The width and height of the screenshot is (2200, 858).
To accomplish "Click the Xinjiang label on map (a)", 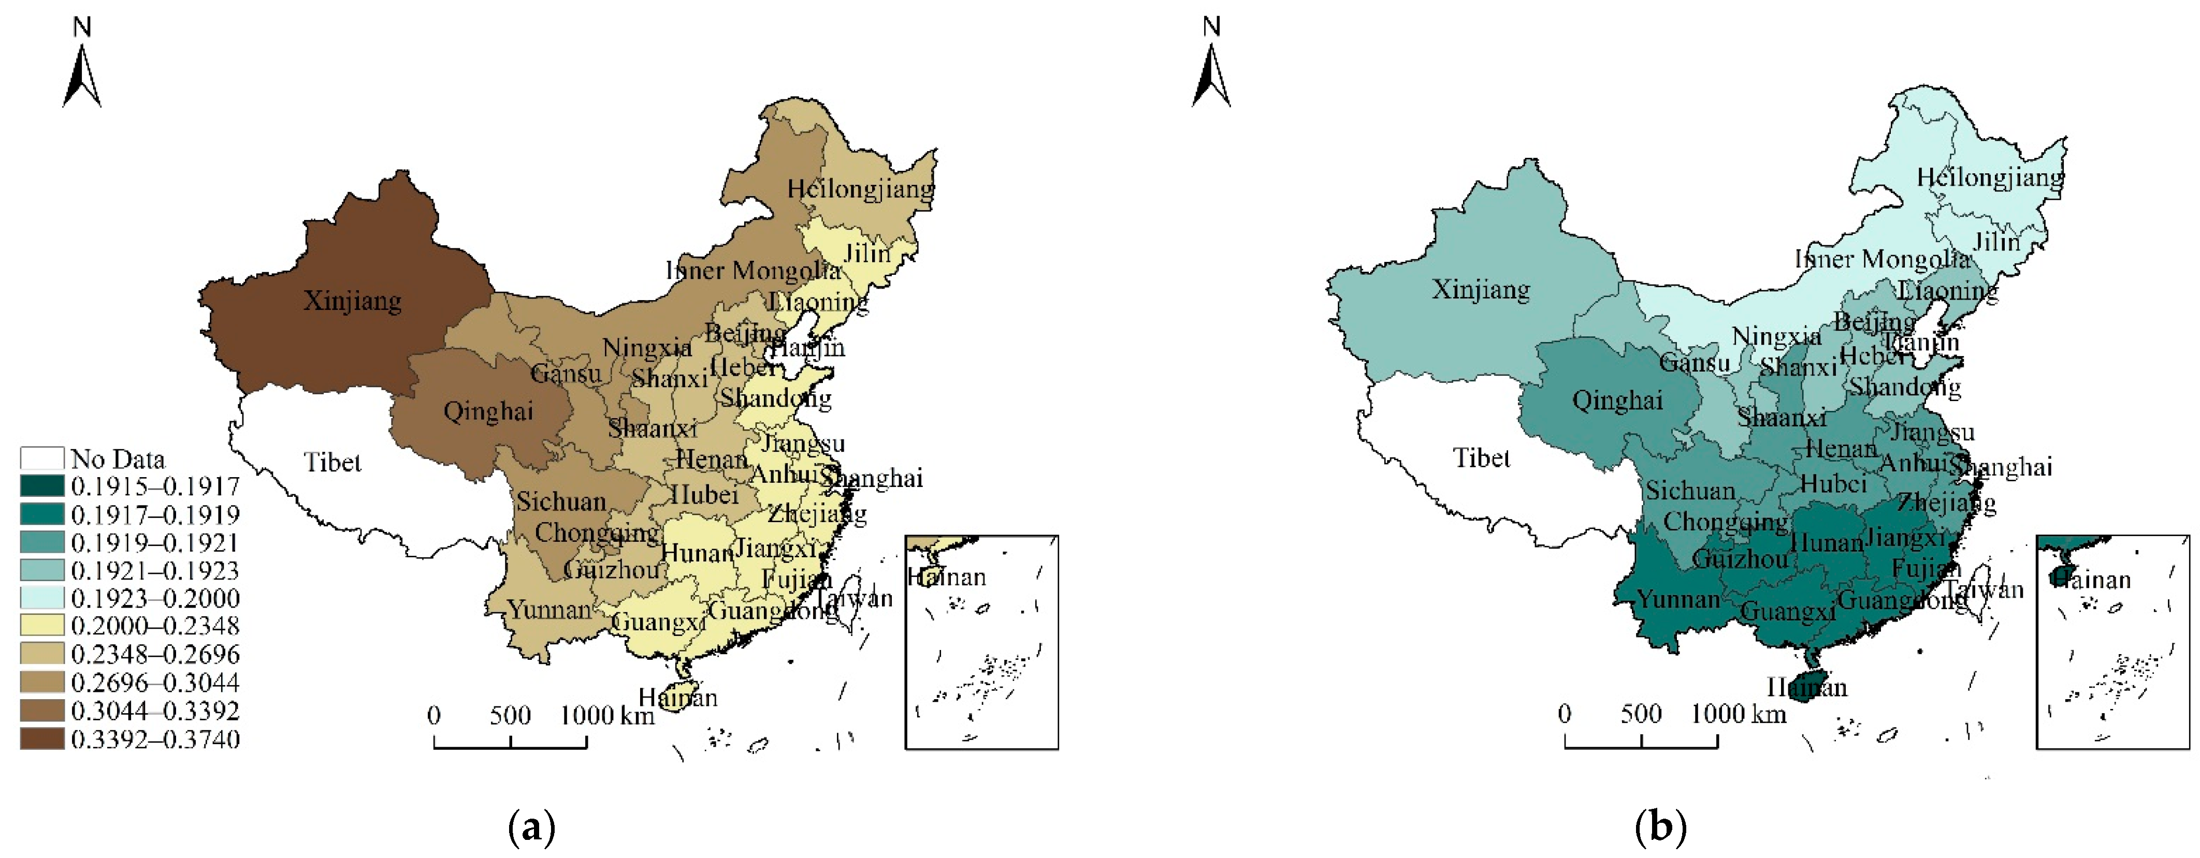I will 352,301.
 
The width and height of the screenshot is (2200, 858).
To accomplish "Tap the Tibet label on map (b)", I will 1482,458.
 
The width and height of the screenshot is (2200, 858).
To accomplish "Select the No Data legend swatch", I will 42,458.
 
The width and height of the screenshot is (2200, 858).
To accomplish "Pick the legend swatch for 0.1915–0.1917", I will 42,486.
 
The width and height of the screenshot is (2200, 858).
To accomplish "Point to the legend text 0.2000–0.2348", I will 154,626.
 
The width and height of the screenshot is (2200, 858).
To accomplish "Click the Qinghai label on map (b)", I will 1617,401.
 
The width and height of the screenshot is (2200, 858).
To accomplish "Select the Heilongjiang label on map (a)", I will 860,189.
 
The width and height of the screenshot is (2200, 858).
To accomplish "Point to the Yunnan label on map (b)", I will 1677,599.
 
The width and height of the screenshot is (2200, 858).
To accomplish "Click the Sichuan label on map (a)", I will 561,501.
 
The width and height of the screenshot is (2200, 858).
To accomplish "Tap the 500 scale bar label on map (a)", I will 510,715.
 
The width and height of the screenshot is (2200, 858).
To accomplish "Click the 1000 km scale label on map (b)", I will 1739,714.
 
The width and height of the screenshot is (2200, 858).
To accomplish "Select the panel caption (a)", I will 531,827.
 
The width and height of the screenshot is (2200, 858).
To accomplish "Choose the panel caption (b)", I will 1660,827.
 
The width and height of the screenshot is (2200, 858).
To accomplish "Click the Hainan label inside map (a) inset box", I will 946,578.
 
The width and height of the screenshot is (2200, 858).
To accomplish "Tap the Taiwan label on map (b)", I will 1984,589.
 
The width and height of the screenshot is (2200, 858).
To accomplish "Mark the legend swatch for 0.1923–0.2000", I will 42,598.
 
